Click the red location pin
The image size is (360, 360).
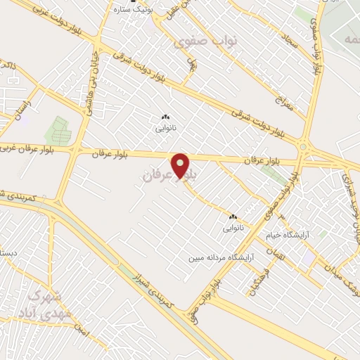tap(181, 166)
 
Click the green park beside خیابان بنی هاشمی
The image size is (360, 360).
tap(59, 131)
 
